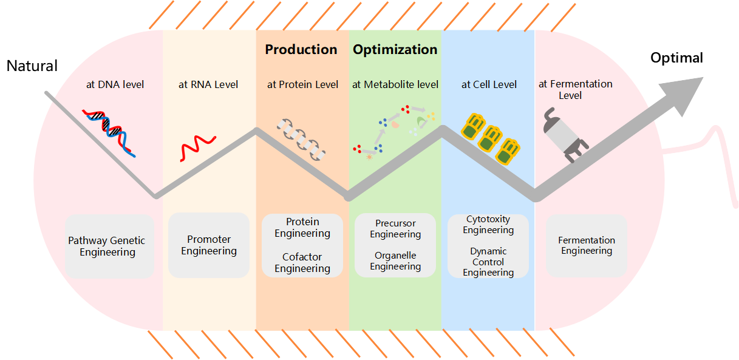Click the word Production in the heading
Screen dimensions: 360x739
pyautogui.click(x=301, y=50)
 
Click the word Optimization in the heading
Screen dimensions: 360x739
pyautogui.click(x=395, y=50)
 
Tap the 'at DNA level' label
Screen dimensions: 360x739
pyautogui.click(x=115, y=84)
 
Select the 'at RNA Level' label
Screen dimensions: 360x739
pyautogui.click(x=208, y=84)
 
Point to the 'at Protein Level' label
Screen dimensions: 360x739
pyautogui.click(x=302, y=84)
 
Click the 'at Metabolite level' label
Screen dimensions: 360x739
pyautogui.click(x=395, y=84)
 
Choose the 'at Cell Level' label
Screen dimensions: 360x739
pyautogui.click(x=489, y=84)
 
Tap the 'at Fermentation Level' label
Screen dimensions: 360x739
pyautogui.click(x=575, y=89)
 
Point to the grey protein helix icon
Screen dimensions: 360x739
pyautogui.click(x=301, y=139)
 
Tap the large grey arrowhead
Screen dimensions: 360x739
pyautogui.click(x=683, y=94)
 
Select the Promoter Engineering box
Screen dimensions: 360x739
pyautogui.click(x=209, y=245)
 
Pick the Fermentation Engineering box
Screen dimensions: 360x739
pyautogui.click(x=587, y=245)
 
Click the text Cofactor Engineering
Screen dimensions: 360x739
pyautogui.click(x=302, y=263)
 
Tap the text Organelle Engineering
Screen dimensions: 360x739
pyautogui.click(x=395, y=261)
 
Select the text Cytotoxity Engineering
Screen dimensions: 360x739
pyautogui.click(x=488, y=225)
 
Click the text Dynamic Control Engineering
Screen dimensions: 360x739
pyautogui.click(x=488, y=262)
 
